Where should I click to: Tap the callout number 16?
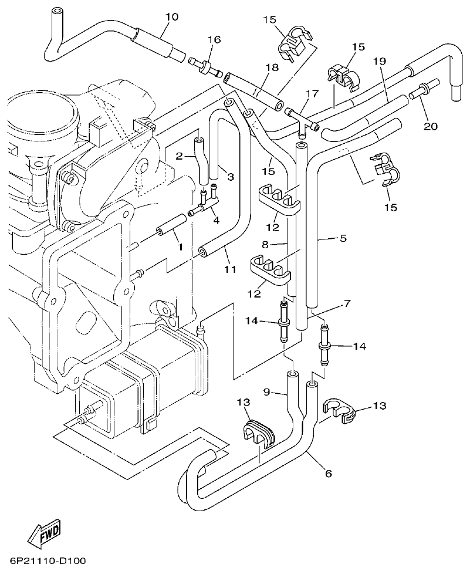tap(214, 40)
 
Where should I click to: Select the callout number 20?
tap(430, 126)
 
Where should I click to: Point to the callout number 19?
tap(379, 62)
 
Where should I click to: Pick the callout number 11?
tap(229, 269)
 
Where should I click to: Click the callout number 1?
tap(180, 248)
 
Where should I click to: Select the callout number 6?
tap(328, 472)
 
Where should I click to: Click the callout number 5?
tap(343, 238)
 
